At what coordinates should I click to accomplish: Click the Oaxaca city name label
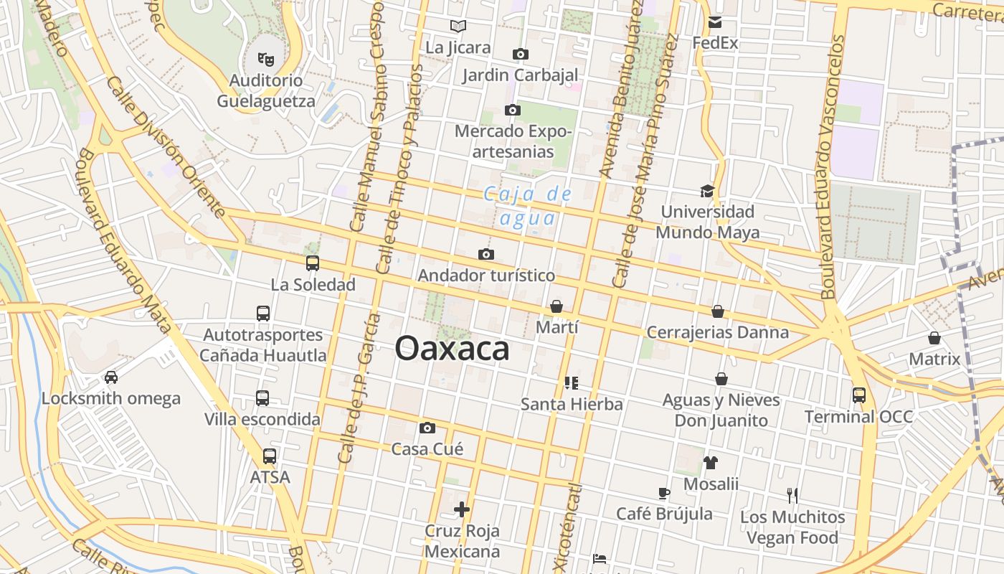coord(452,349)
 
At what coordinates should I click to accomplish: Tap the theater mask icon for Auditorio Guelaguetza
coord(265,59)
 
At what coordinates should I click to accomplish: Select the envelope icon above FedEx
coord(715,22)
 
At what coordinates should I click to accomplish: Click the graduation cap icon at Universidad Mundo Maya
coord(707,191)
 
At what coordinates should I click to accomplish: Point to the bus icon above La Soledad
coord(313,263)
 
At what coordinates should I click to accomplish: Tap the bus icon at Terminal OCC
coord(858,395)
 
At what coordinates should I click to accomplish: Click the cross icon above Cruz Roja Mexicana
coord(462,509)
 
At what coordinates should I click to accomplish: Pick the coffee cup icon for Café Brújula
coord(664,493)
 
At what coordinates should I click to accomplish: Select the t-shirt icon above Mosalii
coord(710,463)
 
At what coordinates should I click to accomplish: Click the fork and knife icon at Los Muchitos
coord(792,495)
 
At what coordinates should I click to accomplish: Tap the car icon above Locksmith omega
coord(111,377)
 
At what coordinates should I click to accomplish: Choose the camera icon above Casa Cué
coord(427,428)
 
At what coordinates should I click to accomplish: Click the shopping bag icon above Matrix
coord(934,337)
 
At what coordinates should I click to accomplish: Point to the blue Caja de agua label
coord(527,206)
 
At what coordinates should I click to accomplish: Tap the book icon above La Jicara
coord(458,27)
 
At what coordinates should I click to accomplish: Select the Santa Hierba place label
coord(572,404)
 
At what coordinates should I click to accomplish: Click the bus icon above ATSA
coord(270,456)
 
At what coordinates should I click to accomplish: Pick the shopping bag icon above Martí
coord(557,307)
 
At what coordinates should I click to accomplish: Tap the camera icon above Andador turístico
coord(486,255)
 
